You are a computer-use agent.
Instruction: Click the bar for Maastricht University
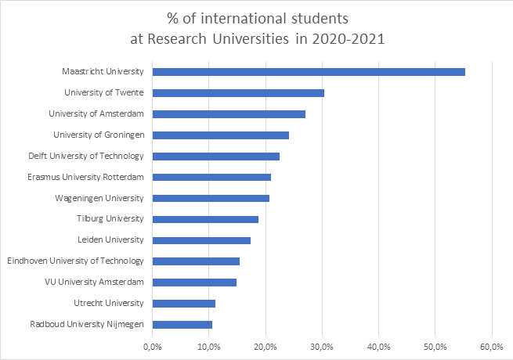[309, 72]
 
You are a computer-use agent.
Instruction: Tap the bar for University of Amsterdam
[229, 114]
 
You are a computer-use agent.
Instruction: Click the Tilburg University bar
[205, 219]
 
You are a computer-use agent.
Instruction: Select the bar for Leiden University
[201, 240]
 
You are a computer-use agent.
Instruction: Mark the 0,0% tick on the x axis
[153, 346]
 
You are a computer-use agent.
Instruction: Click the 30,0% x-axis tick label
[322, 346]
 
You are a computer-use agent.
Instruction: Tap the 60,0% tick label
[492, 346]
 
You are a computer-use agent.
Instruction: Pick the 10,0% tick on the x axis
[209, 346]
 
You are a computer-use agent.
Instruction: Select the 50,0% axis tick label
[435, 346]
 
